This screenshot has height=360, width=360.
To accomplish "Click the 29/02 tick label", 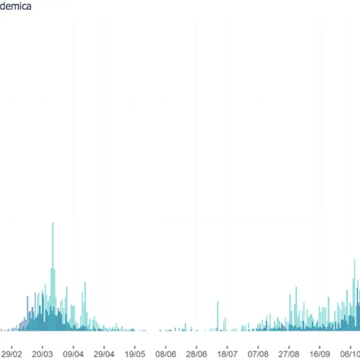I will (12, 354).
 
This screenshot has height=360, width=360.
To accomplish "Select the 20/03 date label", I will (43, 354).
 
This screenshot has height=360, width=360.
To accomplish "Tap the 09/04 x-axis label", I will (73, 354).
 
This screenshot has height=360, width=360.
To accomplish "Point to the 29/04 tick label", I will (104, 354).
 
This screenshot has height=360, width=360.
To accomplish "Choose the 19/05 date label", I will (135, 354).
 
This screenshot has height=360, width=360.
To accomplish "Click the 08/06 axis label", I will (166, 354).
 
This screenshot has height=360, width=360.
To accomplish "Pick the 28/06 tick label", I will (197, 354).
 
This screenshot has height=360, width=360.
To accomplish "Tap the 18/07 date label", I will (228, 354).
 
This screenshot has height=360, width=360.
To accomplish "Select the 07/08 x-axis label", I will (258, 354).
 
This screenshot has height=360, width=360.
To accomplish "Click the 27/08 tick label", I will (289, 354).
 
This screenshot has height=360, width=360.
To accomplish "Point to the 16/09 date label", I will (320, 354).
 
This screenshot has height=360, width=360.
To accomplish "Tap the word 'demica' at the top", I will (16, 6).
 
